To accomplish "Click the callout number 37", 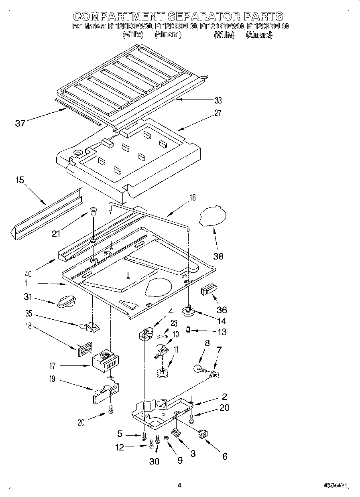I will pos(20,123).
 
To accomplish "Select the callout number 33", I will pos(218,100).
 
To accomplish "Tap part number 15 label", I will pos(20,181).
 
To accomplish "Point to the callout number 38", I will pos(218,256).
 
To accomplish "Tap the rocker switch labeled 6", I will pos(203,434).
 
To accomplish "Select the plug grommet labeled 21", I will pos(93,211).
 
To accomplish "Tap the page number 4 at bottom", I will pos(179,485).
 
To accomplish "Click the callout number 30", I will pos(154,461).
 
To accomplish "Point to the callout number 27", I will pos(218,113).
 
